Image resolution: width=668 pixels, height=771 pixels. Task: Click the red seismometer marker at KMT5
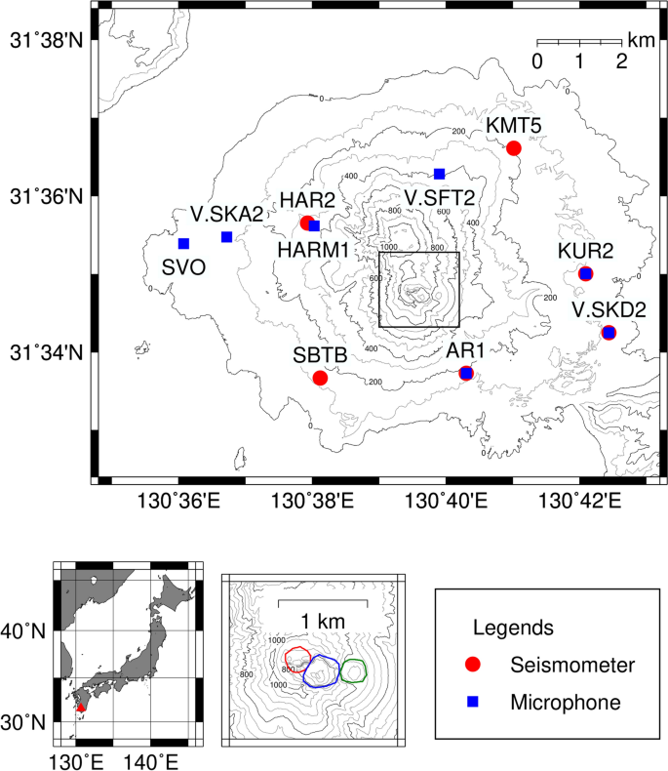coord(514,148)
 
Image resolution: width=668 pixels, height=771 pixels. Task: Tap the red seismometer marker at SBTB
coord(320,378)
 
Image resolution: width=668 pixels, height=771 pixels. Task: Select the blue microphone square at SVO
coord(183,243)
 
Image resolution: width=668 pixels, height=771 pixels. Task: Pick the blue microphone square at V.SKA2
coord(226,236)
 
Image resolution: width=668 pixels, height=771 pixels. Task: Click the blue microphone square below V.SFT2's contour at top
coord(440,174)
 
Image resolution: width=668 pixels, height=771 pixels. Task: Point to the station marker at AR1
coord(466,373)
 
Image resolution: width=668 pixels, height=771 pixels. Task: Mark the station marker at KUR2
coord(585,273)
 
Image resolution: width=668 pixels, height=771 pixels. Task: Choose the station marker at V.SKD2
coord(609,333)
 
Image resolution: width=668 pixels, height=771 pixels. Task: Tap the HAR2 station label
coord(308,200)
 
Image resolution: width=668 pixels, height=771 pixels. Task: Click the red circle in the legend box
coord(474,665)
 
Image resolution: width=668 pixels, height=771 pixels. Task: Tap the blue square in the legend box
coord(474,701)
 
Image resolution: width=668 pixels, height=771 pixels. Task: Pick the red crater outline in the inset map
coord(295,660)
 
